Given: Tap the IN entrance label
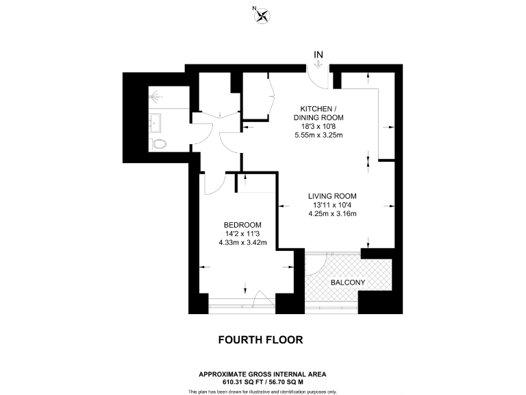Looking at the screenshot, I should (318, 53).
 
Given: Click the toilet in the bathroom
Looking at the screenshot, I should (160, 144).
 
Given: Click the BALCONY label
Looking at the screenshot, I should (347, 283).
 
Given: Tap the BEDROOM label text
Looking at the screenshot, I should (242, 225).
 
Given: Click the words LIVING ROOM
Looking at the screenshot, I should (332, 195).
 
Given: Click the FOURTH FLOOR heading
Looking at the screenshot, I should (260, 339).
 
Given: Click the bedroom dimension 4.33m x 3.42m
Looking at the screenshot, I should (242, 243).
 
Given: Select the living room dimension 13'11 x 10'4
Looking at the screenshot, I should (332, 204).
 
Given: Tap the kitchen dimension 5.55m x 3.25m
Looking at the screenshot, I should (317, 134).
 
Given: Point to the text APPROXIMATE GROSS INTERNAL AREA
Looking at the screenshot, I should (262, 374).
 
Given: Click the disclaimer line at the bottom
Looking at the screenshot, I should (262, 391).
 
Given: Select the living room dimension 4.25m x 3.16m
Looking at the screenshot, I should (332, 213).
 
